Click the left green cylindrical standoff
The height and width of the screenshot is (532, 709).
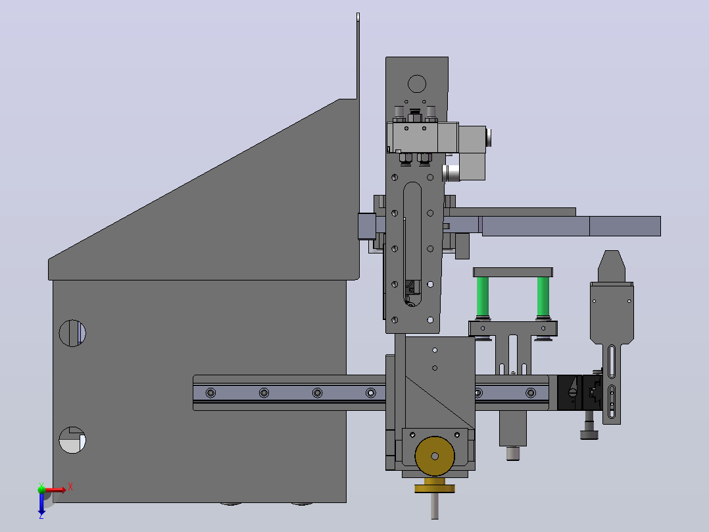(x=483, y=296)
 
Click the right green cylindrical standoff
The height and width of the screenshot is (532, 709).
(x=543, y=296)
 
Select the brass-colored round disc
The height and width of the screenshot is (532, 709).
(x=435, y=456)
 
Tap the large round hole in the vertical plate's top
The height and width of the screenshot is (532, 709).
(x=417, y=84)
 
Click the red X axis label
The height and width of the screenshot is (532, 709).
(x=70, y=487)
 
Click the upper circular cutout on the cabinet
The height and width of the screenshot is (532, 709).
(x=72, y=333)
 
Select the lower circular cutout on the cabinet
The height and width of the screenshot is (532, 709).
(x=72, y=440)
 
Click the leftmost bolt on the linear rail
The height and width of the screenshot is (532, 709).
(x=210, y=392)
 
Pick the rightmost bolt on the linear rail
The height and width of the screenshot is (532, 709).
(x=531, y=392)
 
